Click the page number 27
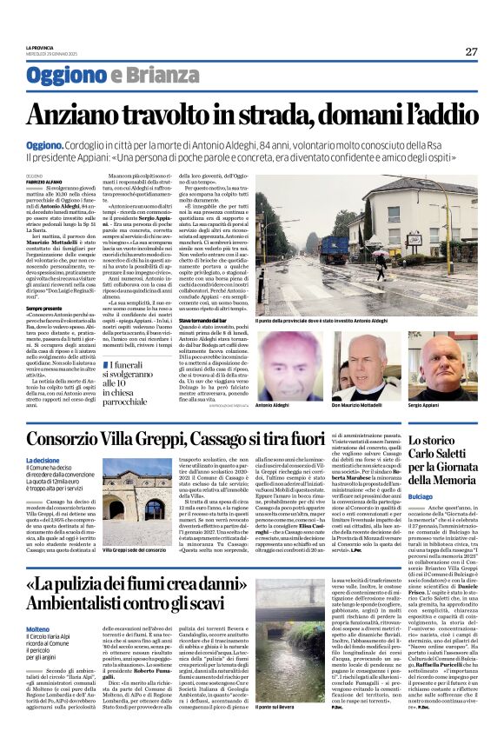(x=471, y=51)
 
